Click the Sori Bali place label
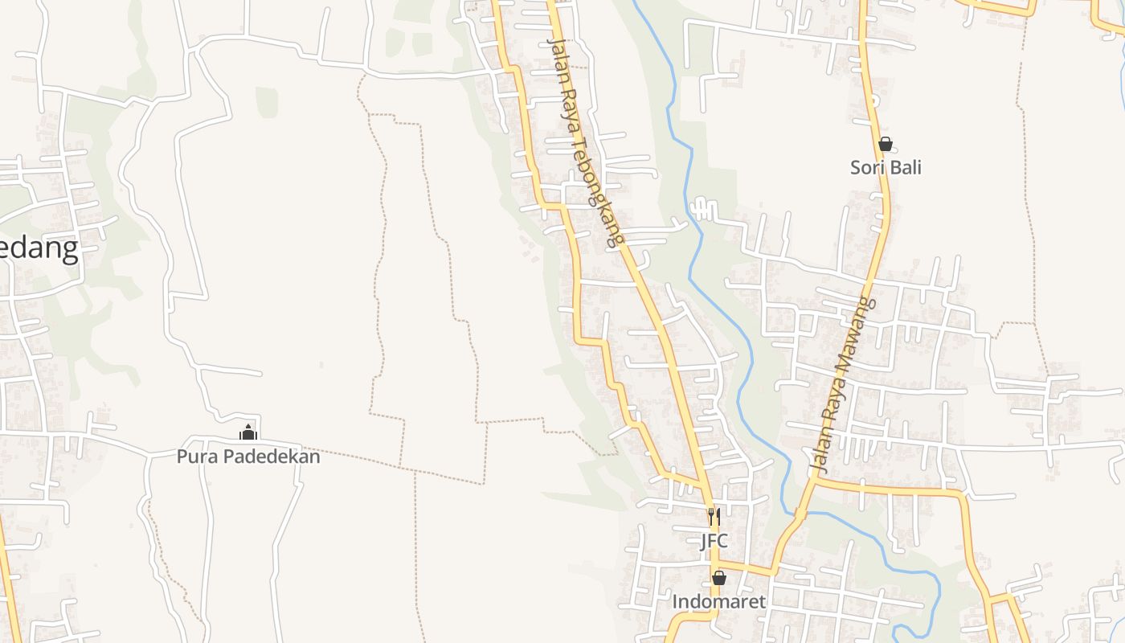(x=886, y=167)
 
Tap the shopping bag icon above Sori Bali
(x=886, y=145)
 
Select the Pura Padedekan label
(x=248, y=457)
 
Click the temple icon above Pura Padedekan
(x=248, y=433)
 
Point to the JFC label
(x=714, y=540)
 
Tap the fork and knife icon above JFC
(x=714, y=517)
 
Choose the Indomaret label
(x=718, y=601)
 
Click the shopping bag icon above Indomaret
(x=718, y=578)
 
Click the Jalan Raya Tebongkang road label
(x=584, y=141)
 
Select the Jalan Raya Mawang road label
(x=841, y=383)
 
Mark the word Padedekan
(x=271, y=457)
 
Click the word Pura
(x=197, y=457)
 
